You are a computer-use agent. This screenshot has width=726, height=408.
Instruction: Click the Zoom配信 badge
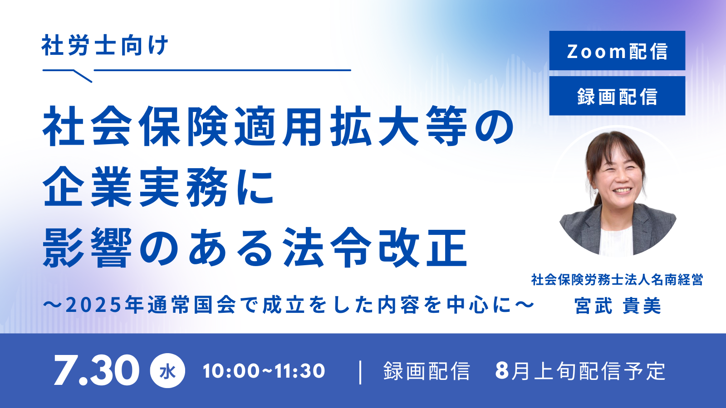(617, 50)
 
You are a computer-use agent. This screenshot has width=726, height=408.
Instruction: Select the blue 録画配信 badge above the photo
(617, 96)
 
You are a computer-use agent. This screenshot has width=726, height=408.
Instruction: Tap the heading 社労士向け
(105, 45)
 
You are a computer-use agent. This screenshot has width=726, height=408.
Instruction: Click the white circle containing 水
(167, 371)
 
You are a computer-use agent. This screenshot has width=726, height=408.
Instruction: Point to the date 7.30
(97, 370)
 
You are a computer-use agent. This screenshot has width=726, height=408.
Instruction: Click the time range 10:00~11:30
(264, 371)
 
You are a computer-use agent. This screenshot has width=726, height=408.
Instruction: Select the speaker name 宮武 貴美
(618, 306)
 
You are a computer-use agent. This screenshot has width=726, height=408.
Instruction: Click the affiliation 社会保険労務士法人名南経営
(617, 280)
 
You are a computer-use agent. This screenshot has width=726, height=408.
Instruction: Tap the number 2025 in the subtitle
(93, 306)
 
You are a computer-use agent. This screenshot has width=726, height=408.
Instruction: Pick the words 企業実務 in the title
(136, 187)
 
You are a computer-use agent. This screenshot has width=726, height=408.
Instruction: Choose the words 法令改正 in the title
(375, 248)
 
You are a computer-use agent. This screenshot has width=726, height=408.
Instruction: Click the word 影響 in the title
(88, 248)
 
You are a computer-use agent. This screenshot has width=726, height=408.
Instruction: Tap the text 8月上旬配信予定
(580, 371)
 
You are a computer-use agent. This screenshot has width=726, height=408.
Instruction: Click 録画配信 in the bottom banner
(427, 371)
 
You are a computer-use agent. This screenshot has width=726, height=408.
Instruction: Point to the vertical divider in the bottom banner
(360, 372)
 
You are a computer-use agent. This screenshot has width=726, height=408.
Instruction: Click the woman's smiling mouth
(623, 190)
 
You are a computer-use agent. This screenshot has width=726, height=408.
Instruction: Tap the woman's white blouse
(616, 241)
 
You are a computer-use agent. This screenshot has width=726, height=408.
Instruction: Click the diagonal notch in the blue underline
(83, 76)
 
